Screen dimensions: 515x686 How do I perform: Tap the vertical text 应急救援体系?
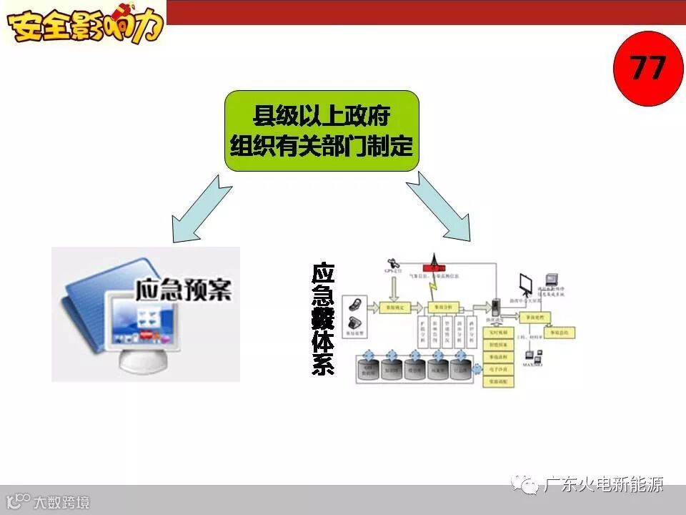pos(323,319)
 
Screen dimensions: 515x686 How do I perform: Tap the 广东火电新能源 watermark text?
pos(602,485)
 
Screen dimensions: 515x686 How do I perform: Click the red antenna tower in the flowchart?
pos(433,263)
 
